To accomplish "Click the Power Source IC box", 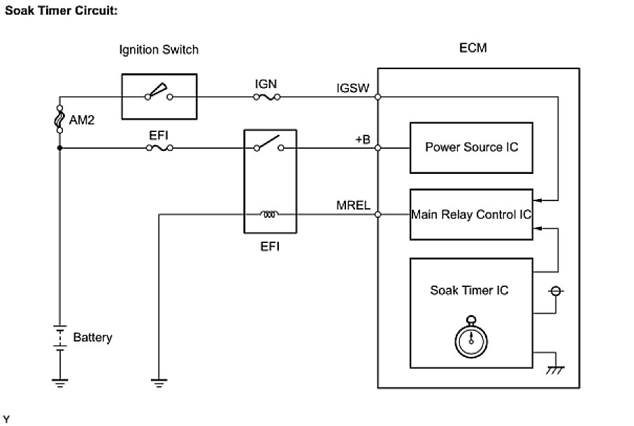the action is coord(471,148).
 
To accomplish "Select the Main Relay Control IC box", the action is coord(471,214).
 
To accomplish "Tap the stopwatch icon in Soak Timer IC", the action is coord(471,337).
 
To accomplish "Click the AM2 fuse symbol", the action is coord(60,119).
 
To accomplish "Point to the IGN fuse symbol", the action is coord(266,97).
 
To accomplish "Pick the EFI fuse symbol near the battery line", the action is coord(159,148).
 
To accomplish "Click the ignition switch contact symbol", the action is coord(159,92).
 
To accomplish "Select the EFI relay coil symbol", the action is coord(269,214).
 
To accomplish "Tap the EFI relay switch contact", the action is coord(269,143).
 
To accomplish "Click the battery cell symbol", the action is coord(60,338).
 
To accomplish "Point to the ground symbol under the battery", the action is coord(60,383).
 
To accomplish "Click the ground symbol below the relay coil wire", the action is coord(159,383).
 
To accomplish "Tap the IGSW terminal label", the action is coord(353,88).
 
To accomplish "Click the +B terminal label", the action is coord(363,139).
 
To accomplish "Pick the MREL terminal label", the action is coord(354,205).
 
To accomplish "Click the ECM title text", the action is coord(473,48).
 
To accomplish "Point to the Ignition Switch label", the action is coord(159,50).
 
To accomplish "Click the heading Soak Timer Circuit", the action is coord(61,10).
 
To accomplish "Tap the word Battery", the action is coord(92,337).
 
